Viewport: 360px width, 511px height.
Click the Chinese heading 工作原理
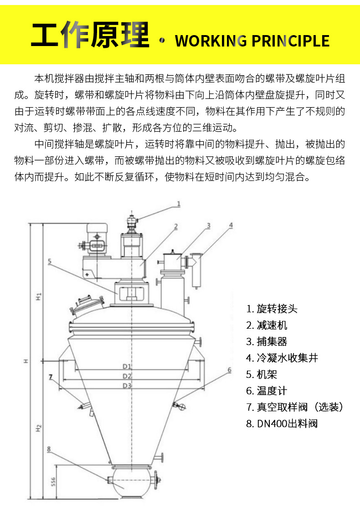(90, 36)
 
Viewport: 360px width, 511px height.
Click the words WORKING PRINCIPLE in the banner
(252, 41)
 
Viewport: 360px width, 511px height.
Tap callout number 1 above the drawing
(179, 204)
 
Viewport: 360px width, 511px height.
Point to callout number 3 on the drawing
(208, 225)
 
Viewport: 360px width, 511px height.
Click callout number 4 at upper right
(231, 225)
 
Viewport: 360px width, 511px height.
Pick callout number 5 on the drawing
(50, 262)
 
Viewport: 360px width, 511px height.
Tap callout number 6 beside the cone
(230, 369)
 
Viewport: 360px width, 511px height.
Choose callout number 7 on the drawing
(51, 377)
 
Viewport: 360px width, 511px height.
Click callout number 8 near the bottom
(49, 449)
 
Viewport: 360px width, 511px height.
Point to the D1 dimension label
(127, 366)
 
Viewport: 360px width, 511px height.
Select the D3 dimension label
(127, 386)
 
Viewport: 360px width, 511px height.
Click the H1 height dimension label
(39, 297)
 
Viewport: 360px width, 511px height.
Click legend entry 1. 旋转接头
(272, 309)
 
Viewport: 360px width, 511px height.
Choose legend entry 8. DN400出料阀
(282, 423)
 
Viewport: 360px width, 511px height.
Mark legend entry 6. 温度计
(267, 391)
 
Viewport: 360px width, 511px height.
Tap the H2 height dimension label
(39, 428)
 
